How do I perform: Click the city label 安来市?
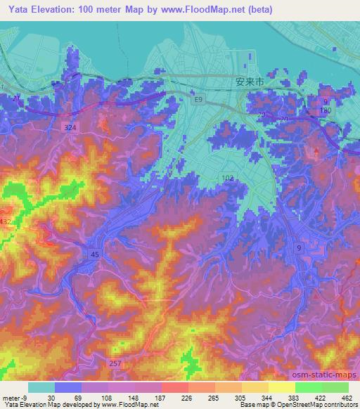[x=248, y=82]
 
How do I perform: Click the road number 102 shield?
[x=228, y=179]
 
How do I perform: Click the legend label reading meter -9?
[x=15, y=397]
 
